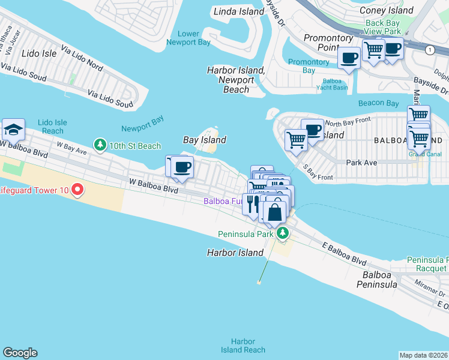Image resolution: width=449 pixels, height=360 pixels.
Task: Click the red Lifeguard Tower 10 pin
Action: [77, 190]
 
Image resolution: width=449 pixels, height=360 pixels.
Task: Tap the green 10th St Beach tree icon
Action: [99, 145]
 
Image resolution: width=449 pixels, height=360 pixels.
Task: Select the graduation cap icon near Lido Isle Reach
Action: [13, 129]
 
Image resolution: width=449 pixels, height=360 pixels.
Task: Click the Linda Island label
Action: [240, 11]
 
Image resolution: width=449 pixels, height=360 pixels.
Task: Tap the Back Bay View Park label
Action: [383, 27]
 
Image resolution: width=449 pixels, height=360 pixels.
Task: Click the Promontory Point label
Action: [328, 43]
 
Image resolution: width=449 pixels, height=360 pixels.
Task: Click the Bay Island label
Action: [205, 140]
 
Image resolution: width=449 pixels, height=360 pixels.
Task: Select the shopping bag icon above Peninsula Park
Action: [275, 212]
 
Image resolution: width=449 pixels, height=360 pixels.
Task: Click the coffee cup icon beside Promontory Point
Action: [349, 58]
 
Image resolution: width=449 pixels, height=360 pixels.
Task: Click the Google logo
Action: [20, 353]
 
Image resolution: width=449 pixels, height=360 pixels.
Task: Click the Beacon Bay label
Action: [378, 103]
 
